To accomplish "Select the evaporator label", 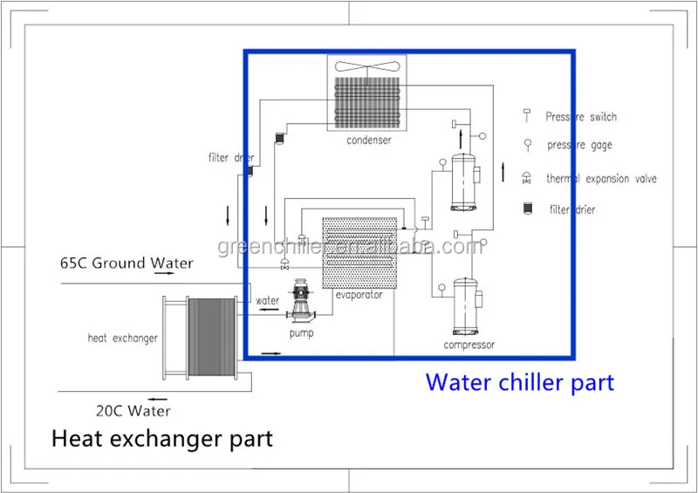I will [359, 295].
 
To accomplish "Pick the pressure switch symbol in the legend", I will [526, 115].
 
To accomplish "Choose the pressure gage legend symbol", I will [526, 146].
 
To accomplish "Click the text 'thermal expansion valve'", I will [601, 179].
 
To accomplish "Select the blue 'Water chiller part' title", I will [519, 382].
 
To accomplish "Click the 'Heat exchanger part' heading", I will [161, 437].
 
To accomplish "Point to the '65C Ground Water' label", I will [126, 263].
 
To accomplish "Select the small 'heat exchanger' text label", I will [122, 338].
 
